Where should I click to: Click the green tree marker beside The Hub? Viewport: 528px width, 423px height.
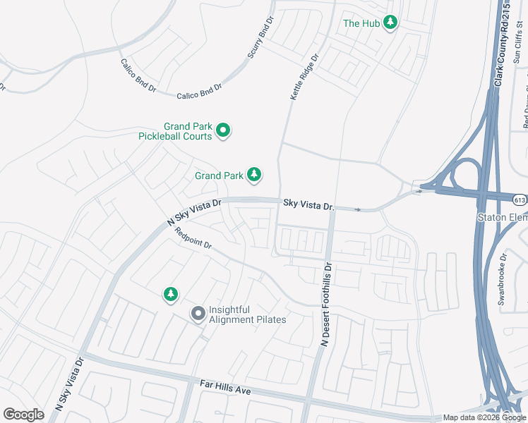[390, 23]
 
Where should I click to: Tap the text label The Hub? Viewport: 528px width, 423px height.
[361, 23]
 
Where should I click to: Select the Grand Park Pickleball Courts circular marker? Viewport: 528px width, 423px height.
[223, 130]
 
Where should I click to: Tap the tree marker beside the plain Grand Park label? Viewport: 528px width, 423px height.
[253, 174]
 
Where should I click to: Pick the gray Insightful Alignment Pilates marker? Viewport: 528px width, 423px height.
[198, 313]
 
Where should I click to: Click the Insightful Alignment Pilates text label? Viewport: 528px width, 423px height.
[247, 314]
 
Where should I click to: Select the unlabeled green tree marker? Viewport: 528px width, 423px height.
[170, 294]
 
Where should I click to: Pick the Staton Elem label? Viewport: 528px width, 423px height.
[503, 217]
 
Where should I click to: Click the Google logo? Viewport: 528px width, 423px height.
[24, 414]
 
